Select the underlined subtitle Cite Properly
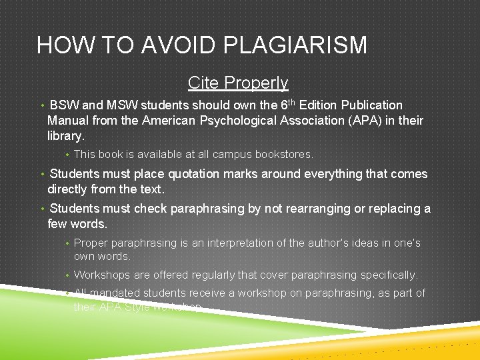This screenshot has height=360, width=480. tap(238, 83)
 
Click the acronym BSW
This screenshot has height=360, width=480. tap(65, 105)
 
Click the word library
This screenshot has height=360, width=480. tap(65, 136)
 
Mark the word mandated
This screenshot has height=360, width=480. tap(115, 293)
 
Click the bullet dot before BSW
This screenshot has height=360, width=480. tap(41, 105)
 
